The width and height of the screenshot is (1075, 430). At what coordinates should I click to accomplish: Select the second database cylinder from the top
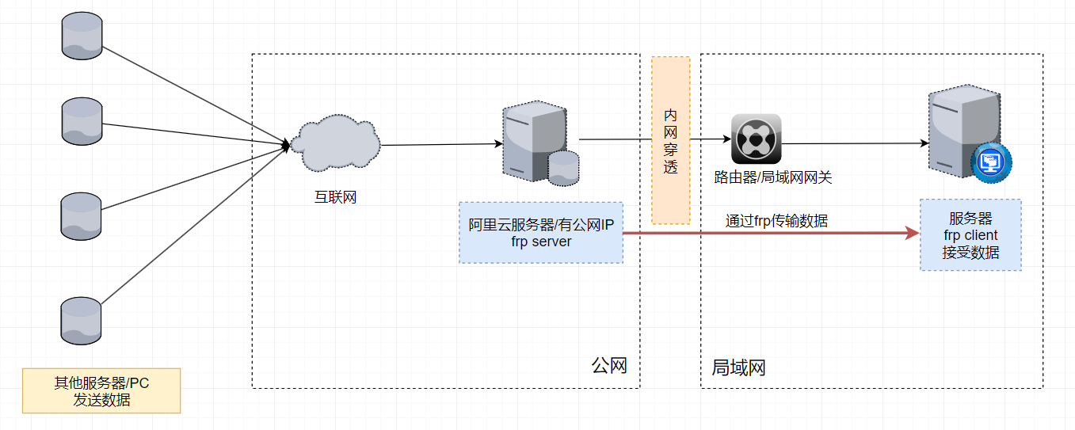[82, 121]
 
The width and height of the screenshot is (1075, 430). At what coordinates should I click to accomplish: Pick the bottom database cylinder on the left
[82, 321]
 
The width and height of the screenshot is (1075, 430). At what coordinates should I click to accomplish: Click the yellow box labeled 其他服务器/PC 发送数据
[101, 390]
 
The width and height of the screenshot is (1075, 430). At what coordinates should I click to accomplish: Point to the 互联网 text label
[335, 197]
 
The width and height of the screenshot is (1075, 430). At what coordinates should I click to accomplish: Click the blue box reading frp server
[541, 233]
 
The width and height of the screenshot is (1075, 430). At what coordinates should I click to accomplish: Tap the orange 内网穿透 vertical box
[670, 140]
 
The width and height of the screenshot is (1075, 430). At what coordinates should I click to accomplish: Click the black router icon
[756, 139]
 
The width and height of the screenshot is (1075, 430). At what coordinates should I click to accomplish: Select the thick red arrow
[768, 234]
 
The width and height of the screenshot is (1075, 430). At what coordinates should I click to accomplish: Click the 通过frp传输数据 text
[776, 221]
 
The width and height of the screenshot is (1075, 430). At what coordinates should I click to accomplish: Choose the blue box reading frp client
[970, 234]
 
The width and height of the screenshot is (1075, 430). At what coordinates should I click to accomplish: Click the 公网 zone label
[609, 366]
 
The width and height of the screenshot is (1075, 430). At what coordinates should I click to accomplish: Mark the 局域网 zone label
[738, 367]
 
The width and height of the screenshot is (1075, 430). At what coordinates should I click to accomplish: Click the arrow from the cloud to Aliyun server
[440, 144]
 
